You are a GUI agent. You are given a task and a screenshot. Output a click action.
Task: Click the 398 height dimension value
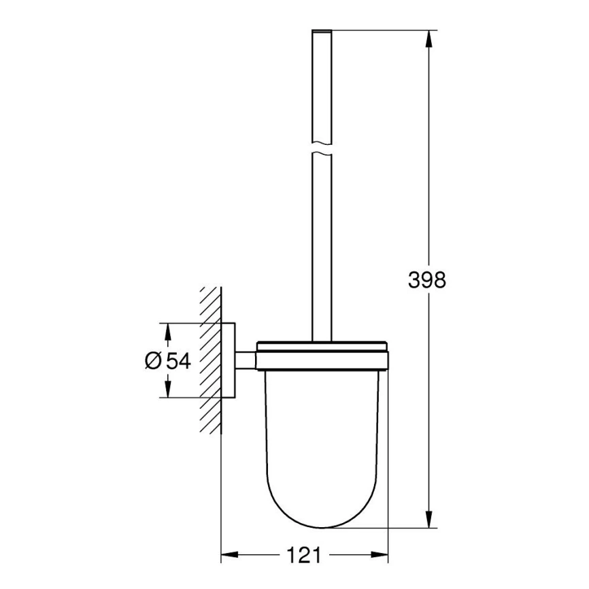click(x=426, y=279)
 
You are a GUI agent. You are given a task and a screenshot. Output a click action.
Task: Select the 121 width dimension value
click(x=302, y=555)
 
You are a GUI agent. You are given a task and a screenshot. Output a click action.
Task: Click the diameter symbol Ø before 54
click(x=153, y=360)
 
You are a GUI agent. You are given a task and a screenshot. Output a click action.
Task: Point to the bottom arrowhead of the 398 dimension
click(x=428, y=520)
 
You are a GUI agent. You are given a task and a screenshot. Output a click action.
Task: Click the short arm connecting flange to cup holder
click(x=246, y=359)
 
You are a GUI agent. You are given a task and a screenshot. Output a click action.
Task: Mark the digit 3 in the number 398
click(x=414, y=279)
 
